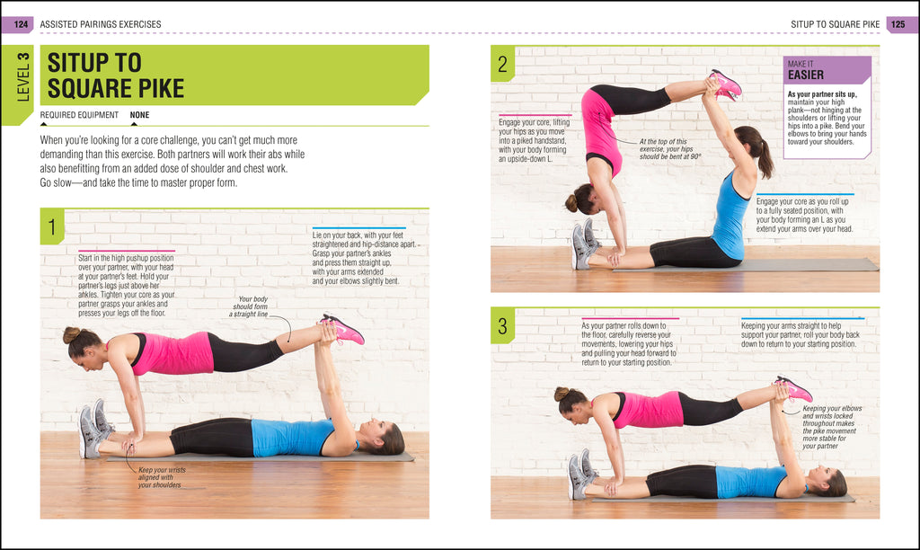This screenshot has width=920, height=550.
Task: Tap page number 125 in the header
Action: click(x=901, y=23)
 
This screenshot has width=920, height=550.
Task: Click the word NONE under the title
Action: click(x=139, y=115)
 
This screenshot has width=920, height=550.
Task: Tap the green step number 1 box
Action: click(x=52, y=229)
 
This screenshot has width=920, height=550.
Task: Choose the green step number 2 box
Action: click(x=502, y=64)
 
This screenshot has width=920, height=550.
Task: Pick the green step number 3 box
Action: click(x=502, y=327)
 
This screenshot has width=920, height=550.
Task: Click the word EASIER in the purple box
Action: click(x=805, y=75)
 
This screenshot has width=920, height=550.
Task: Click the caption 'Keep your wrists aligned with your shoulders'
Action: click(x=159, y=477)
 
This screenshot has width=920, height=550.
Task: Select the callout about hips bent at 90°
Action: click(x=670, y=148)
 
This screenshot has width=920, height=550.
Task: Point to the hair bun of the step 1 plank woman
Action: click(x=71, y=334)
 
